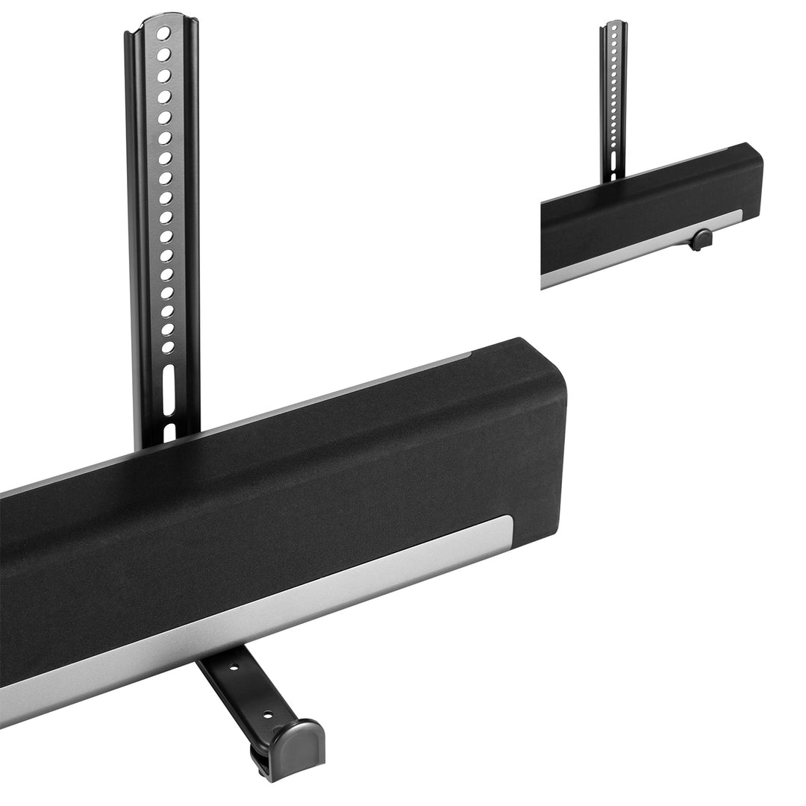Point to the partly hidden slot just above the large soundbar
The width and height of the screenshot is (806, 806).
169,431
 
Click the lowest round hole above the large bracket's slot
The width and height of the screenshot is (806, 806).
168,347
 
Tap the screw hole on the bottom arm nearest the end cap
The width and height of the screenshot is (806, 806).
266,714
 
